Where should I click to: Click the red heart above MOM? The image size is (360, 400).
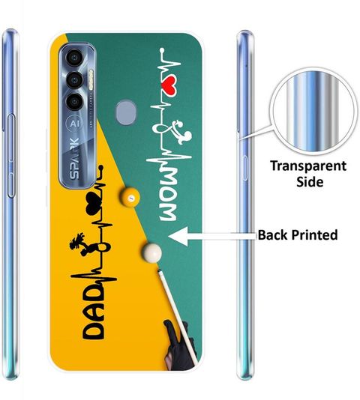pos(170,87)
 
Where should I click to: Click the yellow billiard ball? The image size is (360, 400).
pos(130,197)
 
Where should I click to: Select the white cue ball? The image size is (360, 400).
pos(151,252)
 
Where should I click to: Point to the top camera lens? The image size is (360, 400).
pos(74,58)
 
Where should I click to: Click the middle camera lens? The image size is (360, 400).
pos(74,80)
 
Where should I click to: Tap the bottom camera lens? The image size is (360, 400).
pos(74,102)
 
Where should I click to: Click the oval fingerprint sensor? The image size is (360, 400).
pos(126,112)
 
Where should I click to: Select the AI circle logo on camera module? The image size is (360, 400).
pos(74,124)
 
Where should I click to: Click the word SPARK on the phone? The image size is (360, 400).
pos(74,158)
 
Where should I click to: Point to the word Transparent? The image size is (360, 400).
pos(308,166)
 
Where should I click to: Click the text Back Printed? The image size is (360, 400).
pos(298,234)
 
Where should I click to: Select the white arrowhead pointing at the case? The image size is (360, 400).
pos(178,237)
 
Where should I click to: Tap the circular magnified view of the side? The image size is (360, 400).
pos(313,111)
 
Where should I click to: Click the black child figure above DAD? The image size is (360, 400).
pos(79,244)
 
